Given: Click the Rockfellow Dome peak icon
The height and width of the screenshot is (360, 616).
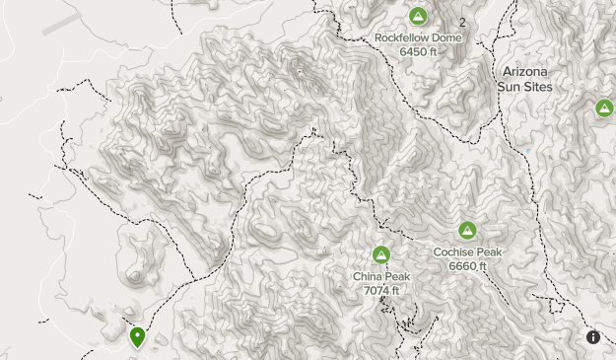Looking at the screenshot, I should tap(418, 17).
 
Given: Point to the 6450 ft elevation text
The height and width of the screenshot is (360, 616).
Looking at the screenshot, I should tap(418, 51).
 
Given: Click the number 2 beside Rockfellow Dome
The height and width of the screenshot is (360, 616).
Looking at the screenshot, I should tap(462, 21).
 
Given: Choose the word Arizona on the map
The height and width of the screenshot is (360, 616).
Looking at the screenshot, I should tap(525, 72).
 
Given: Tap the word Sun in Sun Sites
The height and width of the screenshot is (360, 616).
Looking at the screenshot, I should tap(510, 87).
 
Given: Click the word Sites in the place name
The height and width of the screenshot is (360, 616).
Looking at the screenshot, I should tap(538, 87).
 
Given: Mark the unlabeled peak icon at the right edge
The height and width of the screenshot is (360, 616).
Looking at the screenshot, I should tap(605, 108).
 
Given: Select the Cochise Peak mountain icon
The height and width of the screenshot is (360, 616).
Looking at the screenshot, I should tap(467, 231).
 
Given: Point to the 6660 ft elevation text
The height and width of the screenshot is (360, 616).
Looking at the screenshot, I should tap(467, 265).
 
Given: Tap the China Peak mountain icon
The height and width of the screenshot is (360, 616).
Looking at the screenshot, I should tap(381, 255).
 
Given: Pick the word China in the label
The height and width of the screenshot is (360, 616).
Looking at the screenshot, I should tap(369, 277).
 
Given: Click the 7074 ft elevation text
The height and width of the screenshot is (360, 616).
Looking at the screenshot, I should tap(381, 290).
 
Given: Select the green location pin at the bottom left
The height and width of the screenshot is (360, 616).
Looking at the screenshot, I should tap(137, 337).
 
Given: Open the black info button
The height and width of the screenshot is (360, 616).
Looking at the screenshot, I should tap(593, 337).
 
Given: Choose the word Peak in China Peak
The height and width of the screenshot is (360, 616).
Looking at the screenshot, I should tap(397, 277).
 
